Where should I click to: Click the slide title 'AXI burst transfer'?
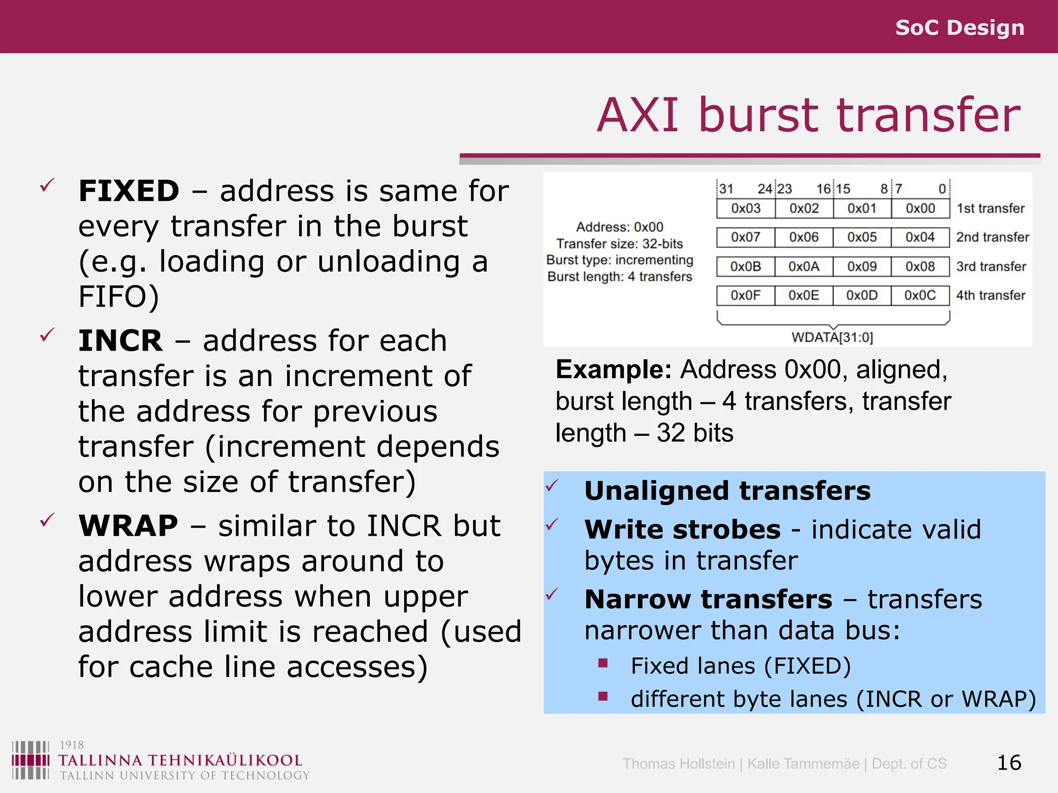(x=808, y=116)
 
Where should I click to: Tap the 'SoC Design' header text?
(x=959, y=27)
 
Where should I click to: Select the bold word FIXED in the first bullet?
(x=129, y=191)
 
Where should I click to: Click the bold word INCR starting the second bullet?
(x=120, y=341)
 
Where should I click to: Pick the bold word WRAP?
(x=128, y=526)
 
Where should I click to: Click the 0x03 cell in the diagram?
(x=745, y=209)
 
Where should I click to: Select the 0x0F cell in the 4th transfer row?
(x=745, y=295)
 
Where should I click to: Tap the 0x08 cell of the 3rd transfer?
(x=920, y=266)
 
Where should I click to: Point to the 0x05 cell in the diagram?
(x=862, y=237)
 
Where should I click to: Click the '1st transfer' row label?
(x=990, y=209)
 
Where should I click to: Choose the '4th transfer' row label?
(x=990, y=295)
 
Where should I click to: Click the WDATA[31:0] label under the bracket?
(x=832, y=338)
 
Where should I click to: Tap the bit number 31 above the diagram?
(x=726, y=189)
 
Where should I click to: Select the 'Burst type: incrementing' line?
(x=619, y=260)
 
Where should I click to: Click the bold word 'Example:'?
(x=613, y=370)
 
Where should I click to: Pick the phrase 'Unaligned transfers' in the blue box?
(x=727, y=491)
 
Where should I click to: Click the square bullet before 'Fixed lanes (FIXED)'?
(x=603, y=663)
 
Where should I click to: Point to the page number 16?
(x=1008, y=763)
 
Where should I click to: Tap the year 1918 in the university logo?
(x=71, y=745)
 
